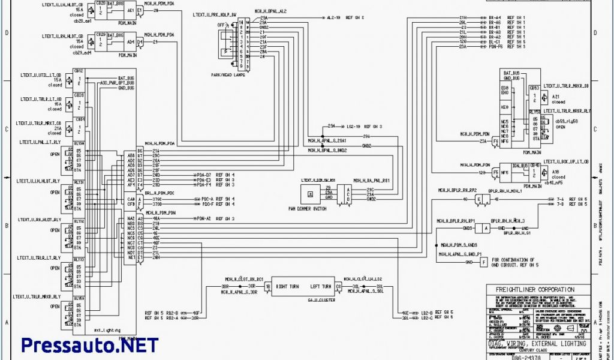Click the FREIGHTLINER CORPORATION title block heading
pyautogui.click(x=535, y=290)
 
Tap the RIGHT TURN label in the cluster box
pyautogui.click(x=289, y=287)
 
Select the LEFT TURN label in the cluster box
pyautogui.click(x=321, y=287)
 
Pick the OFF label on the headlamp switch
pyautogui.click(x=221, y=25)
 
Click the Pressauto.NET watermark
pyautogui.click(x=90, y=345)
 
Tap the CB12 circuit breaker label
pyautogui.click(x=79, y=71)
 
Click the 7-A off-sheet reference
pyautogui.click(x=560, y=199)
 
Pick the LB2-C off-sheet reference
pyautogui.click(x=427, y=318)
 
